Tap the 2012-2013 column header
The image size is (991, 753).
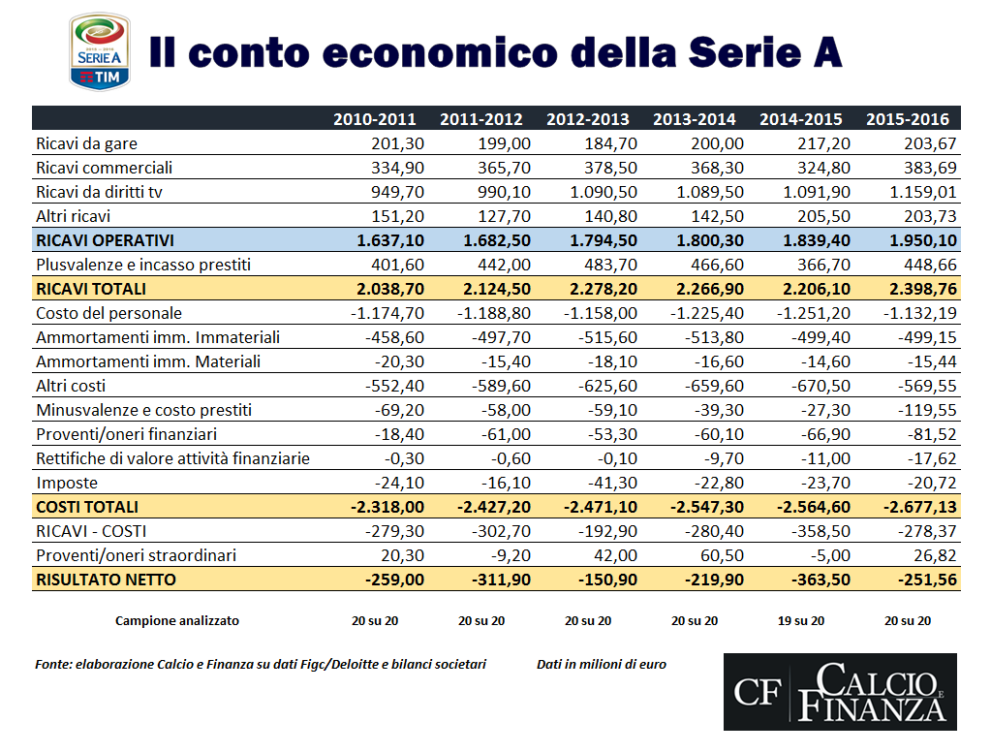(x=587, y=120)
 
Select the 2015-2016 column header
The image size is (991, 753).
(x=907, y=120)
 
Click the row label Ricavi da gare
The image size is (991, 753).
(x=86, y=143)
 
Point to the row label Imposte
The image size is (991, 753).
(x=67, y=483)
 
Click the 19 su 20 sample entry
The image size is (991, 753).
(x=801, y=621)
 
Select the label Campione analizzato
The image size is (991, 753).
(x=176, y=621)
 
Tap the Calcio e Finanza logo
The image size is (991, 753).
(x=840, y=691)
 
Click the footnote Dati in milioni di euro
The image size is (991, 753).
(x=601, y=665)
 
